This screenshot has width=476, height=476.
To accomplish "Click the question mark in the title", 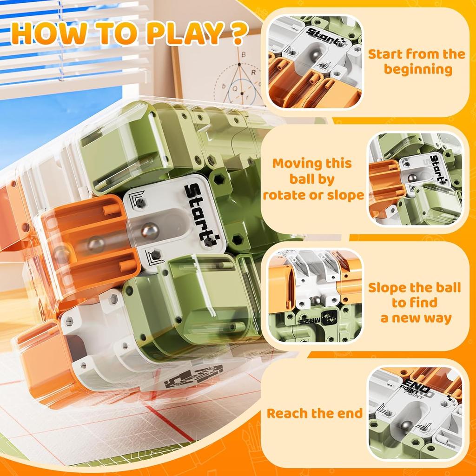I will (x=237, y=33).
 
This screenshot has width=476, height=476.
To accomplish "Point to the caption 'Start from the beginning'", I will (x=416, y=62).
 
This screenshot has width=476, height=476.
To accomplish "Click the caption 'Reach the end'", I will (x=314, y=413).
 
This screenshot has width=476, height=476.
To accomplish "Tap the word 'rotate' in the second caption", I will (x=285, y=195).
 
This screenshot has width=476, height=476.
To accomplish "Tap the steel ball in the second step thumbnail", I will (x=411, y=178).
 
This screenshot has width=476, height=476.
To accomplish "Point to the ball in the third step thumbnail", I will (x=316, y=300).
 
